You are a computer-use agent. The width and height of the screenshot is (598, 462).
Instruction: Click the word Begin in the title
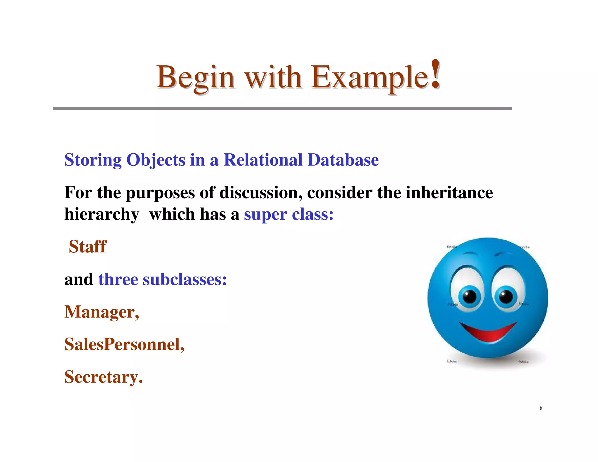tap(195, 77)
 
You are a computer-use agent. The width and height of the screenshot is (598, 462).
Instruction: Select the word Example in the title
tap(369, 77)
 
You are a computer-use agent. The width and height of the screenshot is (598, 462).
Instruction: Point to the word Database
tap(343, 160)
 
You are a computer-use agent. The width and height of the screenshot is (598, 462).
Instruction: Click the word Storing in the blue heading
tap(93, 160)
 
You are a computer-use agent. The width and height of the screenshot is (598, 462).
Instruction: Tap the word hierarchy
tap(102, 215)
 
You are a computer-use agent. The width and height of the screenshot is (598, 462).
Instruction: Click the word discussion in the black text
tap(261, 192)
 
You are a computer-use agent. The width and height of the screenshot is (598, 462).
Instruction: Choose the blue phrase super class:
tap(288, 215)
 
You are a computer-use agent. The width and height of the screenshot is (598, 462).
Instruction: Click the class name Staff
tap(88, 246)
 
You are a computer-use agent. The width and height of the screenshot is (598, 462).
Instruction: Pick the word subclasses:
tap(185, 279)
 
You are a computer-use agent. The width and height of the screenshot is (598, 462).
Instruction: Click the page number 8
tap(541, 408)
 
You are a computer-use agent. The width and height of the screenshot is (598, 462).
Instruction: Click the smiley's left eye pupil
tap(470, 297)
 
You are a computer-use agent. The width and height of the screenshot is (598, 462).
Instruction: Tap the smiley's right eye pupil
tap(506, 297)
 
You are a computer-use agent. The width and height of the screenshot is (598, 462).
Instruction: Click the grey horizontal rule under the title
tap(282, 109)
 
